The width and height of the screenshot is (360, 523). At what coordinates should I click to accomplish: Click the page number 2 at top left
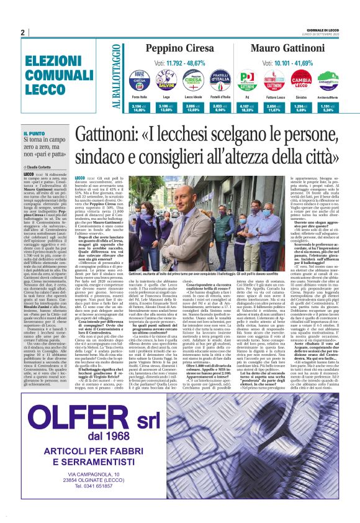[22, 32]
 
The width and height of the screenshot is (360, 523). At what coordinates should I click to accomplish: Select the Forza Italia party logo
[138, 81]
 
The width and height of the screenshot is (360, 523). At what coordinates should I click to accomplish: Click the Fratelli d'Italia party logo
[219, 81]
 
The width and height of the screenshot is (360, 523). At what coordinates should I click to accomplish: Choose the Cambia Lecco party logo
[301, 81]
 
